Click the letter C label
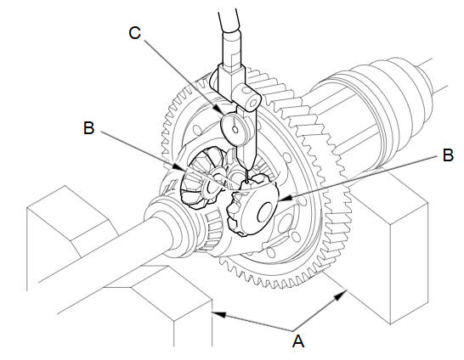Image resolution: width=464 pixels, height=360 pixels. click(x=134, y=33)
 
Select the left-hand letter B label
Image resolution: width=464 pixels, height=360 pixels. click(x=88, y=128)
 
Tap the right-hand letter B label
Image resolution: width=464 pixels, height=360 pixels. click(x=448, y=155)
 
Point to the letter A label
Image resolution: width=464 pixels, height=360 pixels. click(x=298, y=340)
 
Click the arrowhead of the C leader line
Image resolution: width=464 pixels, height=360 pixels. click(x=224, y=112)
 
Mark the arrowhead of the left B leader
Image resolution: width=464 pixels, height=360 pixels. click(x=179, y=167)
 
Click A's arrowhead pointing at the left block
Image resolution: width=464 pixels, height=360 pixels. click(x=219, y=314)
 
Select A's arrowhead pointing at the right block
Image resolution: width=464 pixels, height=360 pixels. click(x=341, y=295)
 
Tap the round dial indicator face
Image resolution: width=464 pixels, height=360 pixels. click(x=235, y=129)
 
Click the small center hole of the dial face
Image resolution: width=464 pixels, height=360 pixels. click(x=235, y=129)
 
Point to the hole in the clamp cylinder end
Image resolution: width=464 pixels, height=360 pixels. click(x=253, y=103)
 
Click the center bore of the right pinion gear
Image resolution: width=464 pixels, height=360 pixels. click(x=265, y=212)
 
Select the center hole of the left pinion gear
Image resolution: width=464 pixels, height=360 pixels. click(x=212, y=187)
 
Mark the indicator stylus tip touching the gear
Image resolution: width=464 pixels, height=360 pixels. click(x=246, y=182)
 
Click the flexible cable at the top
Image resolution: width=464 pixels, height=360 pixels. click(x=229, y=20)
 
